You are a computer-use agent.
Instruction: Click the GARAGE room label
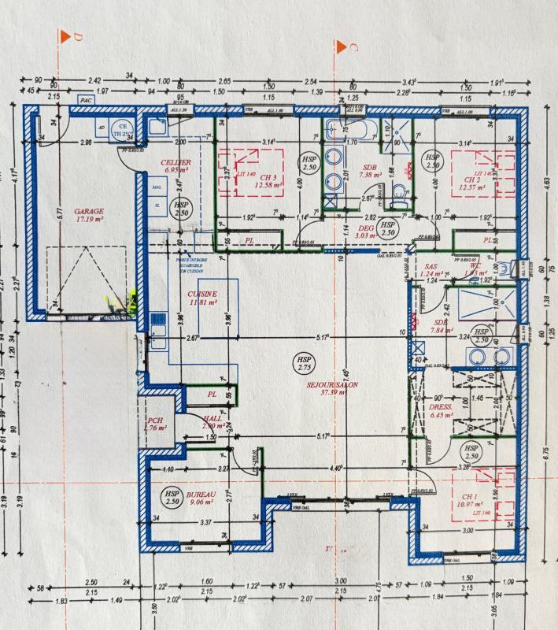click(89, 217)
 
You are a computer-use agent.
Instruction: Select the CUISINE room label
click(202, 297)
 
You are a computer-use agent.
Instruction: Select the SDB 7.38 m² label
click(369, 171)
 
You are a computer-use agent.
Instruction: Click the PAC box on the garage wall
click(83, 102)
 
